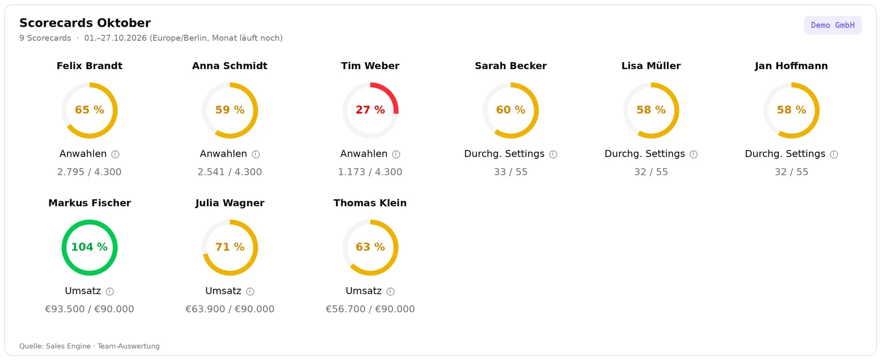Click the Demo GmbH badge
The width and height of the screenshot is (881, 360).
[833, 25]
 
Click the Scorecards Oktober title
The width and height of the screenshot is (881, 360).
[85, 23]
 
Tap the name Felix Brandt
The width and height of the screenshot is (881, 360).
[89, 66]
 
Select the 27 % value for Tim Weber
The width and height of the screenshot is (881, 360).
[370, 110]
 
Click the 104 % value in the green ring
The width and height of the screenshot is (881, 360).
[89, 247]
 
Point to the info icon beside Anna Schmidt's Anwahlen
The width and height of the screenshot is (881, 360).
[256, 154]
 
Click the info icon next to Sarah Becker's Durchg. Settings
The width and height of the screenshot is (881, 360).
[553, 154]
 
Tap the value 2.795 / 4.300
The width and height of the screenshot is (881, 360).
[89, 172]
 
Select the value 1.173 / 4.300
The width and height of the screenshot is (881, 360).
[370, 172]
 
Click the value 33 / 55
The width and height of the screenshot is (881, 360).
[511, 172]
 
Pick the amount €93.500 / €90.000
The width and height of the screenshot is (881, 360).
[89, 309]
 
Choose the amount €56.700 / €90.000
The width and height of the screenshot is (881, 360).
[370, 309]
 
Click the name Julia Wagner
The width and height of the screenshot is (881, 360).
[230, 203]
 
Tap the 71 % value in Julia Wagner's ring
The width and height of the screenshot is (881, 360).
[230, 247]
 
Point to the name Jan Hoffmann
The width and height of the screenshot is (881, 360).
[792, 66]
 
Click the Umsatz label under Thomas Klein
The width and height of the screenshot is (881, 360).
[363, 291]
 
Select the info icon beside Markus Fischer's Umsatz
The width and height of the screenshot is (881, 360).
[110, 291]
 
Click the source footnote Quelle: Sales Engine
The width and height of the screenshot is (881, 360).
[55, 346]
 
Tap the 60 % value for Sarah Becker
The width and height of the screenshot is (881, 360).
[511, 110]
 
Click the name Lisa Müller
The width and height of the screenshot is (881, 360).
[651, 66]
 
